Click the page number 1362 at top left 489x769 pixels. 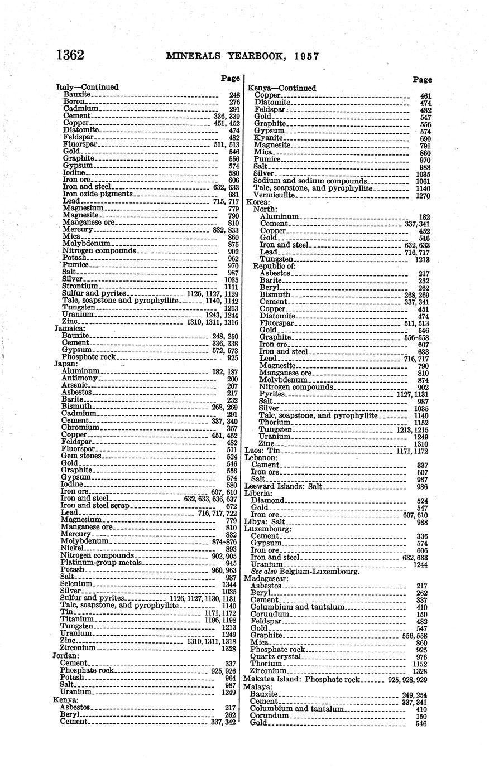pos(70,55)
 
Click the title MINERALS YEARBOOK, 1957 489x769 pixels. pos(242,56)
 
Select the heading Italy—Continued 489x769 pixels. pos(87,87)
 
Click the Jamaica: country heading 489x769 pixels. pos(69,328)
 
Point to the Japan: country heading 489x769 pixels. pos(66,363)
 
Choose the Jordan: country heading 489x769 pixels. pos(66,656)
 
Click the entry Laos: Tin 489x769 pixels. pos(262,450)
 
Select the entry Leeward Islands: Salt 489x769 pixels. pos(283,486)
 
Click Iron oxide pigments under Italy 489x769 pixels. pos(97,194)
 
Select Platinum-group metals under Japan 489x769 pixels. pos(102,563)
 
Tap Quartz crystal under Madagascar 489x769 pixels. pos(275,657)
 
